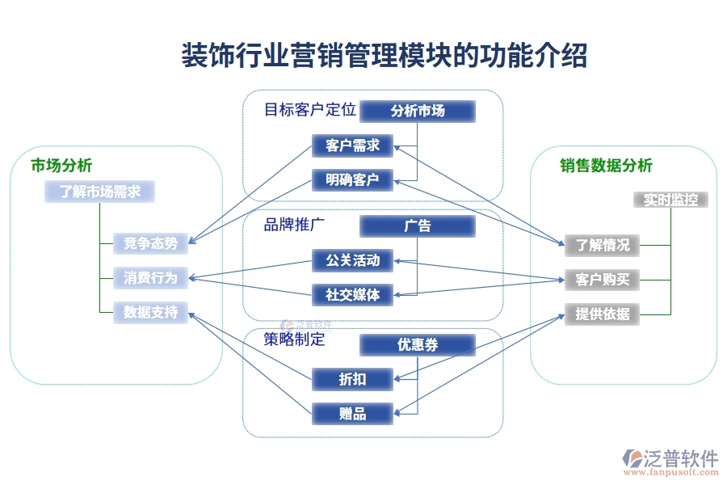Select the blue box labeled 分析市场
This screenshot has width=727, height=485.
pyautogui.click(x=418, y=111)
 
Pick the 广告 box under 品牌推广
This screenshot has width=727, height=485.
pyautogui.click(x=418, y=226)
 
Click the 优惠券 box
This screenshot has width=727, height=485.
pyautogui.click(x=418, y=345)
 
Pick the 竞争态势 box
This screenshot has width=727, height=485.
pyautogui.click(x=150, y=242)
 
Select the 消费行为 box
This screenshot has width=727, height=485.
pyautogui.click(x=150, y=278)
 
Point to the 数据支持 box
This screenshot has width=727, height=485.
pyautogui.click(x=150, y=312)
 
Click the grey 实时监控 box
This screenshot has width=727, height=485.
pyautogui.click(x=670, y=200)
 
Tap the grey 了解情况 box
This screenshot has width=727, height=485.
pyautogui.click(x=602, y=245)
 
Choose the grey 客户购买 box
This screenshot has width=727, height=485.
pyautogui.click(x=602, y=280)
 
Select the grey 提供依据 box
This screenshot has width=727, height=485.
pyautogui.click(x=602, y=314)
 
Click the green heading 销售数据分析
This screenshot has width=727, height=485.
pyautogui.click(x=606, y=166)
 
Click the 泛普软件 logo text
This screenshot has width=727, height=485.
pyautogui.click(x=680, y=458)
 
